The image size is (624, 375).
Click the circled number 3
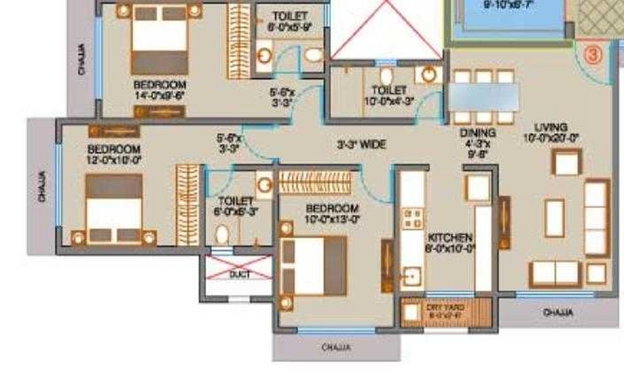pyautogui.click(x=593, y=54)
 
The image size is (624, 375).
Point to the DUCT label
pyautogui.click(x=239, y=274)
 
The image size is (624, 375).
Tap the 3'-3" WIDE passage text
pyautogui.click(x=361, y=144)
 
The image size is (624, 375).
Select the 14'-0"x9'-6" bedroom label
pyautogui.click(x=159, y=90)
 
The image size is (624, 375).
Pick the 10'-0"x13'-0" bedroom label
pyautogui.click(x=332, y=213)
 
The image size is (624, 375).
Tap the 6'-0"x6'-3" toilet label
pyautogui.click(x=236, y=206)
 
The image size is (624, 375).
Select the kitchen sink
pyautogui.click(x=411, y=275)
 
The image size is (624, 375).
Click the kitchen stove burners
pyautogui.click(x=412, y=218)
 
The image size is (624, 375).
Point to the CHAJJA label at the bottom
pyautogui.click(x=336, y=347)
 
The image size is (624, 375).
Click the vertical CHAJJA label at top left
pyautogui.click(x=82, y=59)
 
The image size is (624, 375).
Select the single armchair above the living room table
pyautogui.click(x=567, y=163)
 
